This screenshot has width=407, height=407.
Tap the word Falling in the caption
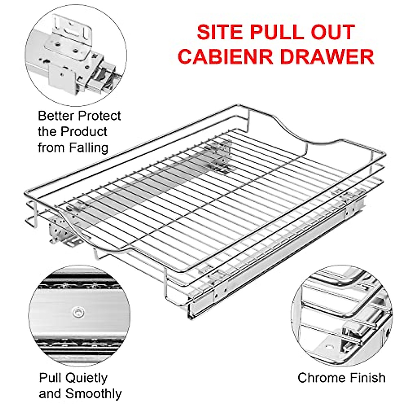89,148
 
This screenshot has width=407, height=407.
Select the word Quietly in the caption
86,378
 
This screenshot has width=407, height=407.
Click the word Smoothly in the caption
93,394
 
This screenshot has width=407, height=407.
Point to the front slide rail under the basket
271,271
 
